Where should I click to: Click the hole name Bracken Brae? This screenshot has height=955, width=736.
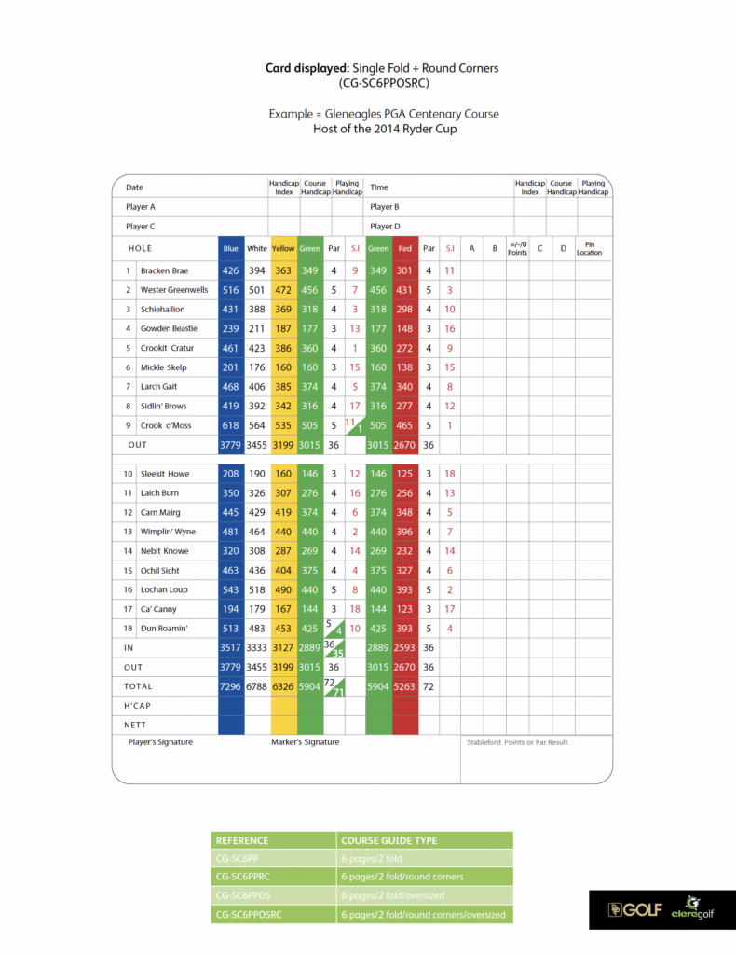tap(164, 270)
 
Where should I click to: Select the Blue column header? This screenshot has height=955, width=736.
tap(230, 249)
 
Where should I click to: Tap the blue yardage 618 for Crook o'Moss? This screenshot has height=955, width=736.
tap(230, 425)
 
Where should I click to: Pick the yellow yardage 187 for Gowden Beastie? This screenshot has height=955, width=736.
tap(283, 328)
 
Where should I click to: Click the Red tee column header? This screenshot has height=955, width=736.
tap(404, 249)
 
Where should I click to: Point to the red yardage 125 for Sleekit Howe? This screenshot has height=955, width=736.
tap(404, 474)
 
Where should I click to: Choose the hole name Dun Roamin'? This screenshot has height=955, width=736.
tap(164, 629)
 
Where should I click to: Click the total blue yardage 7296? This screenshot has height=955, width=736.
tap(230, 685)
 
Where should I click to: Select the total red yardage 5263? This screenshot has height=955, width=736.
tap(404, 685)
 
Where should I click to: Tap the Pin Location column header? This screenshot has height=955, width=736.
tap(589, 249)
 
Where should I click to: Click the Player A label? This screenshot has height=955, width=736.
tap(141, 207)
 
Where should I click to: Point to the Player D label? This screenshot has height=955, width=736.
tap(385, 227)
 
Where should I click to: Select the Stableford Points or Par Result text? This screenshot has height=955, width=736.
tap(517, 742)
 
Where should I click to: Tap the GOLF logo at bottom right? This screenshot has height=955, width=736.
tap(629, 909)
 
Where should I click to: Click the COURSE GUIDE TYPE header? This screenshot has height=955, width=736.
tap(388, 840)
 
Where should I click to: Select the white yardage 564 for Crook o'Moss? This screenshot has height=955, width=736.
tap(256, 425)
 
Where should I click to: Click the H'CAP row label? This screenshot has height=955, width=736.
tap(138, 706)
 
